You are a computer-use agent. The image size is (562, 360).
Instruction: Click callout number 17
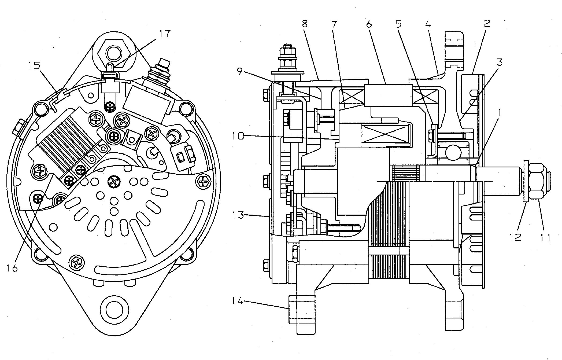tap(164, 34)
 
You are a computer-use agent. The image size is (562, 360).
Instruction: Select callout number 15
tap(34, 66)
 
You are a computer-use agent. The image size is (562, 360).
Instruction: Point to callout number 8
tap(304, 24)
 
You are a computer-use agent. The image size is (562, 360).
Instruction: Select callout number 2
tap(487, 23)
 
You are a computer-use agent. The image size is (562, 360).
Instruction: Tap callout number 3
tap(499, 62)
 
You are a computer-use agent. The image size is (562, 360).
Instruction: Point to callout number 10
tap(238, 136)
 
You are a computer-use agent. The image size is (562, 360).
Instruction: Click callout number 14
tap(238, 301)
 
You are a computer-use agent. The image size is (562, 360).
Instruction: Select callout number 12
tap(515, 237)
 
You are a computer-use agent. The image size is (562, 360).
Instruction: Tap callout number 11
tap(545, 237)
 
